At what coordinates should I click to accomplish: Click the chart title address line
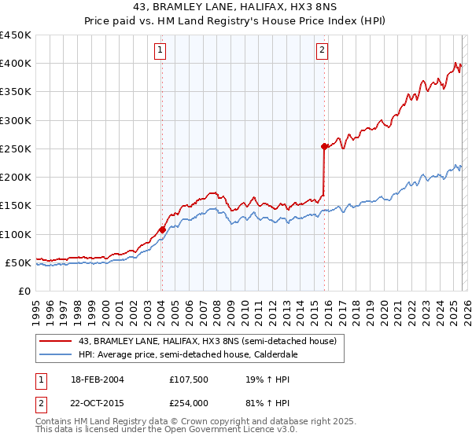235,7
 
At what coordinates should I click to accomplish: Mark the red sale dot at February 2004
162,229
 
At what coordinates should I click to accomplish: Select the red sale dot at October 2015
324,146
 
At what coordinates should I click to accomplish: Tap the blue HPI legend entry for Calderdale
192,354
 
